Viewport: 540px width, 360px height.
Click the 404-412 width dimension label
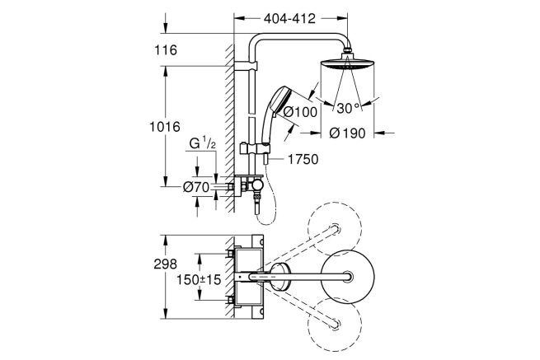pyautogui.click(x=289, y=19)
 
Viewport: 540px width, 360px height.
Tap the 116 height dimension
pyautogui.click(x=166, y=50)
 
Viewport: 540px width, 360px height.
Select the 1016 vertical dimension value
pyautogui.click(x=165, y=127)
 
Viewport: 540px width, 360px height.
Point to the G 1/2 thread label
pyautogui.click(x=203, y=143)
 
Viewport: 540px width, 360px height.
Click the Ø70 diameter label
pyautogui.click(x=196, y=187)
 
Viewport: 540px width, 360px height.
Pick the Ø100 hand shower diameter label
pyautogui.click(x=300, y=112)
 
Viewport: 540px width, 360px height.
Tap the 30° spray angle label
pyautogui.click(x=348, y=108)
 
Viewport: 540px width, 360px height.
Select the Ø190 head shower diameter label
pyautogui.click(x=347, y=133)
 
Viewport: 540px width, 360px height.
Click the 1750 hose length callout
pyautogui.click(x=303, y=159)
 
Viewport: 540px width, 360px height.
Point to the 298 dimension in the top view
pyautogui.click(x=166, y=264)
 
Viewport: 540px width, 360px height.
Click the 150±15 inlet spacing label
pyautogui.click(x=199, y=279)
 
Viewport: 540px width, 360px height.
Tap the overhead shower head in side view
pyautogui.click(x=347, y=64)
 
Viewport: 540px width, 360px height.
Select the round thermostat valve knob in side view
pyautogui.click(x=257, y=185)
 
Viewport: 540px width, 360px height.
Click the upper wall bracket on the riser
pyautogui.click(x=246, y=67)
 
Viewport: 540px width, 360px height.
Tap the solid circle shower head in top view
pyautogui.click(x=347, y=276)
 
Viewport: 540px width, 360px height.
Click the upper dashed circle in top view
pyautogui.click(x=335, y=229)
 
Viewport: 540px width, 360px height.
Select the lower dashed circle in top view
pyautogui.click(x=335, y=324)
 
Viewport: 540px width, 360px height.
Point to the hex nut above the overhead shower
pyautogui.click(x=347, y=50)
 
